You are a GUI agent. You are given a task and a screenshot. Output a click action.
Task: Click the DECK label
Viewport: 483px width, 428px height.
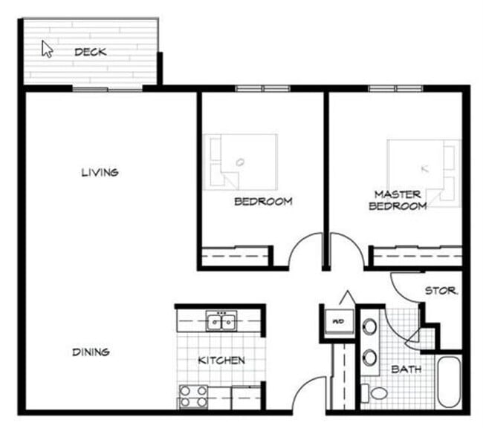(x=91, y=52)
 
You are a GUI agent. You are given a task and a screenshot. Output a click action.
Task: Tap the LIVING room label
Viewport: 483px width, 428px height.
(x=100, y=173)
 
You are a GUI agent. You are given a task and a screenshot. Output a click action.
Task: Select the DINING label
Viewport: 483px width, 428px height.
(x=91, y=352)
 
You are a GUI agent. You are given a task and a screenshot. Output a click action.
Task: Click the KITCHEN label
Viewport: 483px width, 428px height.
(x=221, y=360)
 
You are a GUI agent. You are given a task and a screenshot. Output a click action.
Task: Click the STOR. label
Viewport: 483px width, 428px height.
(x=441, y=291)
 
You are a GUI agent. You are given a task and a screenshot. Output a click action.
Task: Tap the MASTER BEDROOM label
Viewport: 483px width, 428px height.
(x=398, y=200)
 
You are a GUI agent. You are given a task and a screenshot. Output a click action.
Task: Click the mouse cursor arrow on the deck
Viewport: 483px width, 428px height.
(x=47, y=49)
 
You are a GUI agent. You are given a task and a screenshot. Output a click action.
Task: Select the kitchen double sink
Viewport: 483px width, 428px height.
(x=221, y=322)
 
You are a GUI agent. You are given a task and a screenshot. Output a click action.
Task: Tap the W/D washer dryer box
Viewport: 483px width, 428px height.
(x=337, y=321)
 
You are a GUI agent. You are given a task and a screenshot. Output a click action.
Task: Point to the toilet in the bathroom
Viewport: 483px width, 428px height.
(x=376, y=394)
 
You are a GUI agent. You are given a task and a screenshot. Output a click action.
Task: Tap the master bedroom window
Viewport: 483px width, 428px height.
(x=396, y=89)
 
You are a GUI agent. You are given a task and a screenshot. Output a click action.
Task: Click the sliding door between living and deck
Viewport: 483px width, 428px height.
(x=107, y=89)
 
